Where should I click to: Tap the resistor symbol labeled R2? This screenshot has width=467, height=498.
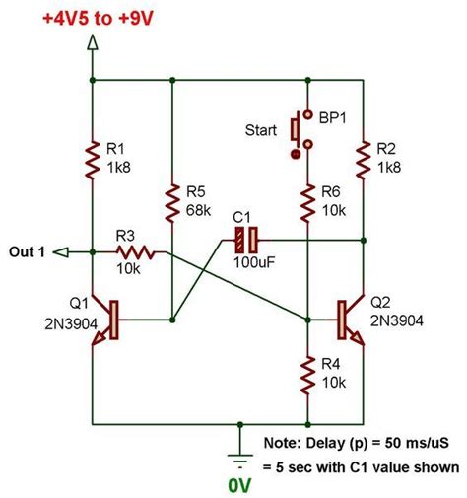pos(365,157)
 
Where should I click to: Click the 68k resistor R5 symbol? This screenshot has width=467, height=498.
pos(172,201)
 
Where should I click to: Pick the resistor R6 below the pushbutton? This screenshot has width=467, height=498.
pos(307,201)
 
